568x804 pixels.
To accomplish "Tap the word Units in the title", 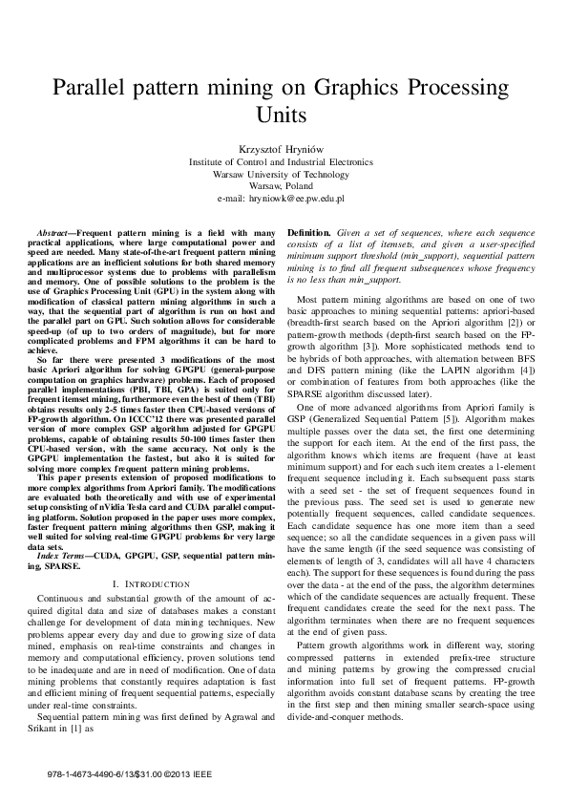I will [x=284, y=116].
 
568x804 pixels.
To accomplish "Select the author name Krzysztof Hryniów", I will [x=284, y=150].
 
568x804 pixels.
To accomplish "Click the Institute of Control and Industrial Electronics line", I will [x=284, y=163].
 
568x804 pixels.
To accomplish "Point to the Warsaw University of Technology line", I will [x=284, y=175].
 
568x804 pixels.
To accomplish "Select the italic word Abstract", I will [x=53, y=234].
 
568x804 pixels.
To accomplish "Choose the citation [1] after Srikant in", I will [x=79, y=728].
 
